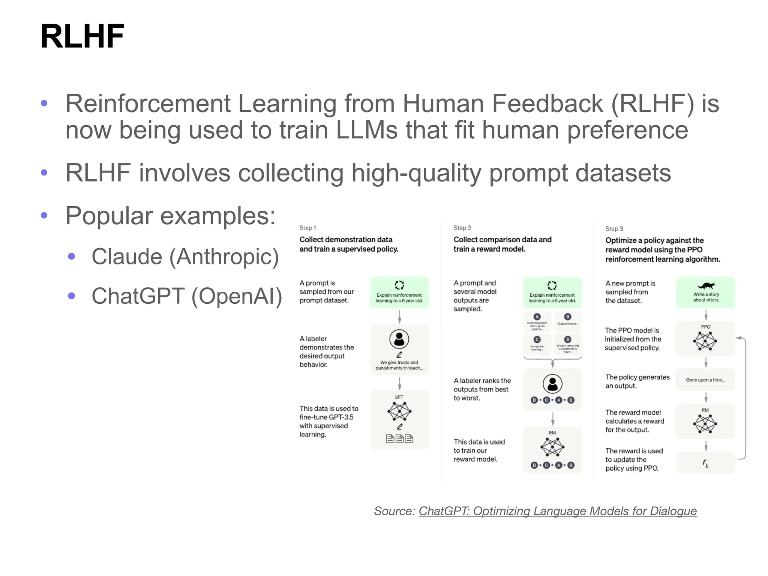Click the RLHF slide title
tap(82, 36)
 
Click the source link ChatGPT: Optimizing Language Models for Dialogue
tap(557, 511)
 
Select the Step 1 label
tap(307, 228)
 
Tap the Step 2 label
tap(462, 228)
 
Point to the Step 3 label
tap(614, 229)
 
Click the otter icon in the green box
tap(706, 286)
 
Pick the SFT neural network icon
tap(399, 411)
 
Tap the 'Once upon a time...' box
tap(705, 380)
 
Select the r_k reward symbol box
tap(705, 463)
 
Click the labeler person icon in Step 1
tap(399, 339)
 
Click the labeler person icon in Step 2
tap(552, 384)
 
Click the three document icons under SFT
tap(399, 439)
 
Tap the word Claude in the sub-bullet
tap(127, 257)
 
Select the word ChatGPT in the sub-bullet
tap(138, 296)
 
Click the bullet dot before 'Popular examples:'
tap(44, 215)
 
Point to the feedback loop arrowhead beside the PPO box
tap(738, 338)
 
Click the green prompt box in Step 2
tap(552, 292)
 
